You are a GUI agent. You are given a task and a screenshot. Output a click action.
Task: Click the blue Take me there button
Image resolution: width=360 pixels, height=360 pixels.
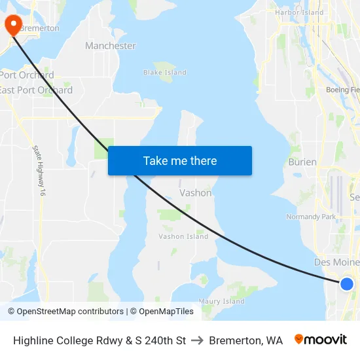point(180,160)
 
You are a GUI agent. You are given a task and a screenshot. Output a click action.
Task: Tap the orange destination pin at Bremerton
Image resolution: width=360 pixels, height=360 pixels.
point(13,25)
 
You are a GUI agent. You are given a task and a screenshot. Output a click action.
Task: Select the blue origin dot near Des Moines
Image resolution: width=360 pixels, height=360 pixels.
point(347,283)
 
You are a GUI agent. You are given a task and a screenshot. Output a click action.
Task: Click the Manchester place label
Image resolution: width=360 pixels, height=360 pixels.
point(111,46)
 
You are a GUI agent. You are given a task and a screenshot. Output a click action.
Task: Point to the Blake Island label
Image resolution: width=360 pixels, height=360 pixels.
point(162,72)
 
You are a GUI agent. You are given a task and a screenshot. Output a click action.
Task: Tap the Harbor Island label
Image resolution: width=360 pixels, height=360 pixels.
point(299,12)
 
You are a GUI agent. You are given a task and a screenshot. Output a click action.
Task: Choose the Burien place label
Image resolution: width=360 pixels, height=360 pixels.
point(302,162)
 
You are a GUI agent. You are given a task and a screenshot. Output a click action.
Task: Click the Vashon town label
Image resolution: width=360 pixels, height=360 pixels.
point(196,193)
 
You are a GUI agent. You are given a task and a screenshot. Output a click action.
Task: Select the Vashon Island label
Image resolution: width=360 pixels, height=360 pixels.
point(183,236)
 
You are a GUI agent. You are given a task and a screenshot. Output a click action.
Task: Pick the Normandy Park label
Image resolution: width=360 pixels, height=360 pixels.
point(311,217)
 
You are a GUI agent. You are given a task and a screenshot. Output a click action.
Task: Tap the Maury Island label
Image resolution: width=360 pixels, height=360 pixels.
point(222,302)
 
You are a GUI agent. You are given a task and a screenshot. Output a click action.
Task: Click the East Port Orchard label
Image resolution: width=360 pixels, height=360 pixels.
point(36,90)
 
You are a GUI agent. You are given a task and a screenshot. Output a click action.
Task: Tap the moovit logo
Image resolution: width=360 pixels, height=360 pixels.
point(320,340)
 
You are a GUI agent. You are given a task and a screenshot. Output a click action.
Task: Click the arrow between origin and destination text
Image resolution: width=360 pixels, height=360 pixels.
point(198,340)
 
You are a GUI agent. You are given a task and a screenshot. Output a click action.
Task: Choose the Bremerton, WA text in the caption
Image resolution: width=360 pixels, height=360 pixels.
point(246,340)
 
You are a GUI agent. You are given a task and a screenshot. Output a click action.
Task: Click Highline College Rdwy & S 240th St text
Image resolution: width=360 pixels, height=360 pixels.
point(99,340)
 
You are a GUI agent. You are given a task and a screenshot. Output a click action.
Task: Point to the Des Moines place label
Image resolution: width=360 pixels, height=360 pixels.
point(336,262)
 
